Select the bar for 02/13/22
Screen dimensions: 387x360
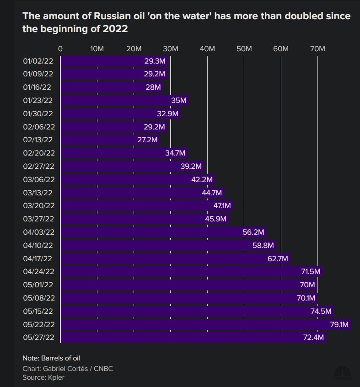coord(110,140)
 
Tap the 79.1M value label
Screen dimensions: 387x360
coord(339,325)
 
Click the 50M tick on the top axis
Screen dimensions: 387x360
coord(244,48)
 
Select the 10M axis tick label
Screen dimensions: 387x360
coord(97,48)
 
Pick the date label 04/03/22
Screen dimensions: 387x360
coord(38,232)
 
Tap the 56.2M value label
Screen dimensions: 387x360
coord(253,232)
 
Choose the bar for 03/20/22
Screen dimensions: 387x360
coord(146,206)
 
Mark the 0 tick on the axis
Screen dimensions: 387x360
coord(60,48)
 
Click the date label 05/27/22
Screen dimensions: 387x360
coord(38,338)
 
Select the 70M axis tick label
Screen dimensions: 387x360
coord(317,48)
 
